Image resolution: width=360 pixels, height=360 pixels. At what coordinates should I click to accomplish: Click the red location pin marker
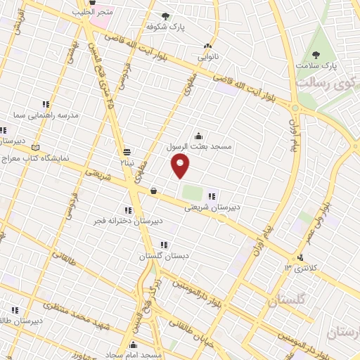click(181, 165)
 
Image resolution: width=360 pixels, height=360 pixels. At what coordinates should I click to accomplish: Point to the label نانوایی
click(207, 55)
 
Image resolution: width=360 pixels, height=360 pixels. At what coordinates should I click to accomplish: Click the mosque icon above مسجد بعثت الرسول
click(198, 136)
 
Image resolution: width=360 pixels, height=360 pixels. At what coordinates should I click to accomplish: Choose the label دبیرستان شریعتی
click(212, 207)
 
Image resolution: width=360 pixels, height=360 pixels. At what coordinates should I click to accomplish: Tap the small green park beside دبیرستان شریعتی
click(191, 191)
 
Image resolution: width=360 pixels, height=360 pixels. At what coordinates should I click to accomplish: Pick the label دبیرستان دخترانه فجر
click(128, 221)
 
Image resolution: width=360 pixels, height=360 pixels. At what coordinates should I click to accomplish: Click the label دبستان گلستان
click(164, 256)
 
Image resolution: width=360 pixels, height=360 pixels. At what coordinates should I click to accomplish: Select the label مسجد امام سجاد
click(140, 355)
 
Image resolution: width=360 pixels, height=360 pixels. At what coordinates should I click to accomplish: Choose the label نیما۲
click(126, 162)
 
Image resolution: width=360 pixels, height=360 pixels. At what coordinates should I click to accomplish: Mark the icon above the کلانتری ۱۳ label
click(301, 257)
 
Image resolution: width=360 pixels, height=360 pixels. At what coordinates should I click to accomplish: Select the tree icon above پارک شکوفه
click(165, 15)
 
